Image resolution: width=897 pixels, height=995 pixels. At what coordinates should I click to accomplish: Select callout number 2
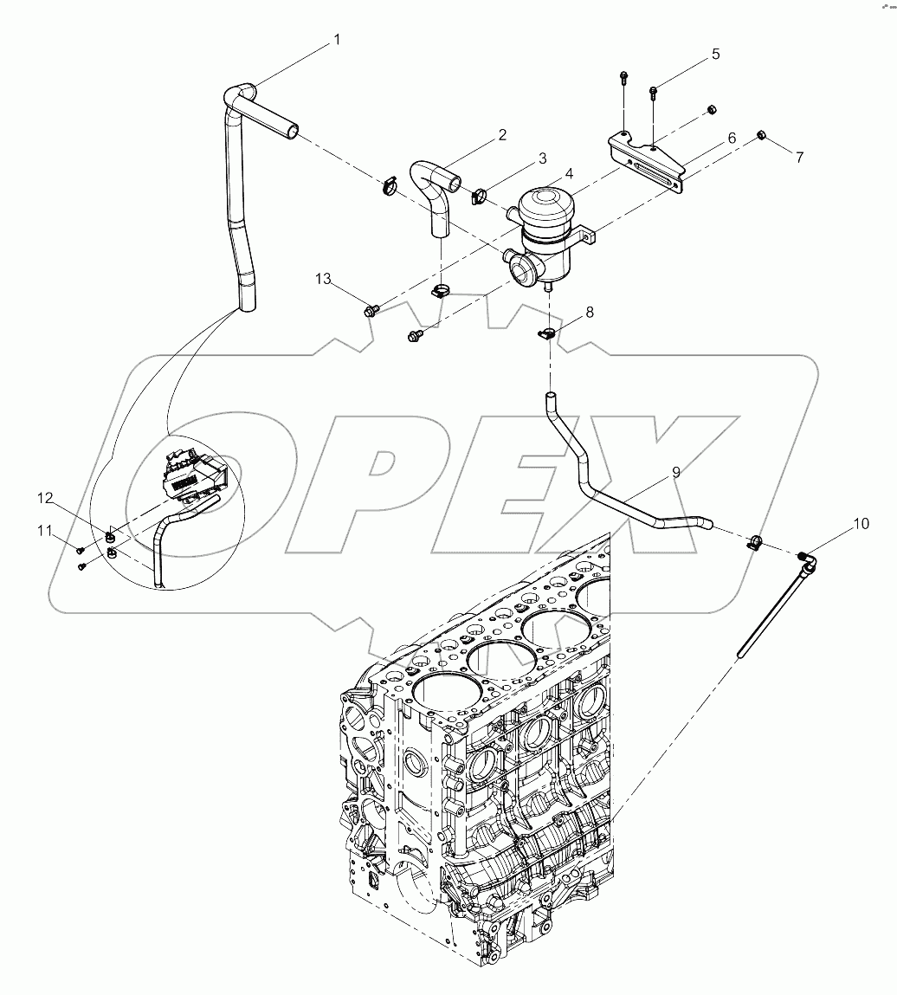[500, 135]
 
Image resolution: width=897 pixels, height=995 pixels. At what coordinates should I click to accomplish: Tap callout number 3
[542, 158]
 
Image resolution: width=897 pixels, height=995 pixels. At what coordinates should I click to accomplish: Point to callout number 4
[569, 174]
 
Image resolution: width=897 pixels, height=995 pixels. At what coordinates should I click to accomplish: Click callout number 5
[715, 54]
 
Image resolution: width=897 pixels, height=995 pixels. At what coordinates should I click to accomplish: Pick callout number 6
[732, 139]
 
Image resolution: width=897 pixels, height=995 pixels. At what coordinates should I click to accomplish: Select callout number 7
[799, 158]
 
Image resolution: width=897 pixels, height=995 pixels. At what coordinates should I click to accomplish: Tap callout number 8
[590, 313]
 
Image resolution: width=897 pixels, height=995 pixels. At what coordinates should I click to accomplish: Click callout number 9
[675, 472]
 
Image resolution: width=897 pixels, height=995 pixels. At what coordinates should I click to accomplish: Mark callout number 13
[323, 279]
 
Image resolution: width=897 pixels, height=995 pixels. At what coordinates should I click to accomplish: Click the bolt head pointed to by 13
[371, 308]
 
